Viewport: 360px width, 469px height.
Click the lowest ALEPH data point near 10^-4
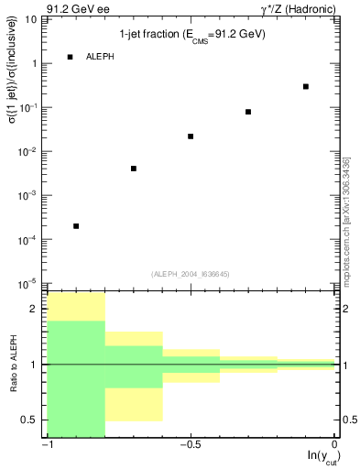pyautogui.click(x=76, y=225)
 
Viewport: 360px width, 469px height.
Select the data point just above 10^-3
pyautogui.click(x=134, y=169)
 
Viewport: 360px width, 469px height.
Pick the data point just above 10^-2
pyautogui.click(x=191, y=136)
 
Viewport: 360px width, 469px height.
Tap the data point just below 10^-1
pyautogui.click(x=248, y=112)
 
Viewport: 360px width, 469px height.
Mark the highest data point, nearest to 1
pyautogui.click(x=305, y=86)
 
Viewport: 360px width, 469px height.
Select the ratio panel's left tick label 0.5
pyautogui.click(x=31, y=420)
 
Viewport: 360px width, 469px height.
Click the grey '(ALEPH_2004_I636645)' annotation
pyautogui.click(x=191, y=273)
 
